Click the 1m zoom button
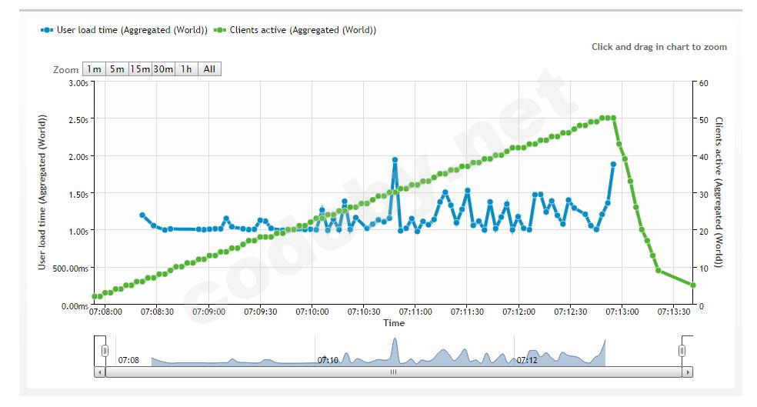(x=94, y=68)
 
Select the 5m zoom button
(x=117, y=68)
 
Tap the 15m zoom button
(x=140, y=68)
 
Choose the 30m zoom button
(x=163, y=68)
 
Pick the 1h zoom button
(x=186, y=68)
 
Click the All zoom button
(x=209, y=68)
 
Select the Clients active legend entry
(x=300, y=30)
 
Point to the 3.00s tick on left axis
(x=77, y=82)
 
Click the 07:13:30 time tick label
(x=674, y=312)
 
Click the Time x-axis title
(x=394, y=323)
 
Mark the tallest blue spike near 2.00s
(x=395, y=160)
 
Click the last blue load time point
(x=613, y=164)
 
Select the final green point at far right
(x=693, y=285)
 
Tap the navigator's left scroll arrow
(x=99, y=372)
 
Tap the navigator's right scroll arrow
(x=688, y=372)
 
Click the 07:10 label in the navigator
(x=328, y=359)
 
